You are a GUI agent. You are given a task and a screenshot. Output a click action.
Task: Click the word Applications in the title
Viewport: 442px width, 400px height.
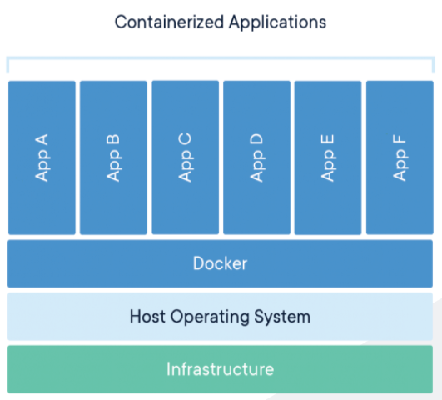[275, 22]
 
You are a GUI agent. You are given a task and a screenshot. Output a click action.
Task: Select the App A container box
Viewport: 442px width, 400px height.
[42, 200]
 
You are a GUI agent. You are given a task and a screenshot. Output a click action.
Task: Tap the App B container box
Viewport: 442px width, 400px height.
[113, 200]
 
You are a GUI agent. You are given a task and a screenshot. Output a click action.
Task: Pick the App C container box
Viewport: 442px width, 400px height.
[185, 200]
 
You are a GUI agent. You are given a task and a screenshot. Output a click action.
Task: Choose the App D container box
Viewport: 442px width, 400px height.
[256, 200]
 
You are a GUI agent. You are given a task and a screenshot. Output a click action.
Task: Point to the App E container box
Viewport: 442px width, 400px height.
[328, 200]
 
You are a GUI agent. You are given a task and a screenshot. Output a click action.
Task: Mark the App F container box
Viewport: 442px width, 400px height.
[400, 200]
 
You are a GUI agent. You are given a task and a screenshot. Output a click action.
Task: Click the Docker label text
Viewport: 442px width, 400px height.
[220, 263]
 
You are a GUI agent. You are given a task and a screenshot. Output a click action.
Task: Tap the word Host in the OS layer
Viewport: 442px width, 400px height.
[148, 317]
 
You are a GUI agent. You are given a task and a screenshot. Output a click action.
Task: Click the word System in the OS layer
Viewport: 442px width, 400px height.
[284, 317]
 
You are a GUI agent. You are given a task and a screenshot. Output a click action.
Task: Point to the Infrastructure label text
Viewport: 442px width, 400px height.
[220, 368]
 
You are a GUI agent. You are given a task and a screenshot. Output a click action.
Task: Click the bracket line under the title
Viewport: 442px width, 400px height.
[221, 58]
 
